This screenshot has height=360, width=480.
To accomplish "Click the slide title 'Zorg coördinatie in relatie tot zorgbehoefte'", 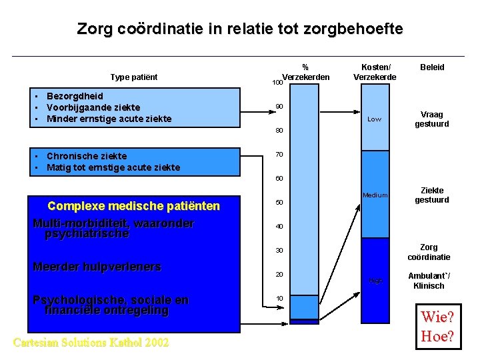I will point(239,29).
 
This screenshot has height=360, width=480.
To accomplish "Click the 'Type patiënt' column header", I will point(134,77).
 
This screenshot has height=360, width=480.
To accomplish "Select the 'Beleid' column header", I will point(432,67).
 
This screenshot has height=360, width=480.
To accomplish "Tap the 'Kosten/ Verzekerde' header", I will point(375,72).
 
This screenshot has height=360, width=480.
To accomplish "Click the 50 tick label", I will point(279,203).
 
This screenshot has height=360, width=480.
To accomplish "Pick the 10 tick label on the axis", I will point(279,298).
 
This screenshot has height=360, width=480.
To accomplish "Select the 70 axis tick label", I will point(279,155).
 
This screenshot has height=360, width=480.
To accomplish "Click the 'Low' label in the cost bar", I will point(375,119).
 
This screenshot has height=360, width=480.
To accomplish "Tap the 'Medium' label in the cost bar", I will point(375,195).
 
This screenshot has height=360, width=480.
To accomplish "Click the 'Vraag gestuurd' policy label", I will point(432,119).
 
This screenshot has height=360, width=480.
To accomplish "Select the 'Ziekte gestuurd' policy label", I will point(432,195).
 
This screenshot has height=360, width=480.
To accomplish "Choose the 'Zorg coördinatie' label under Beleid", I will point(429,252).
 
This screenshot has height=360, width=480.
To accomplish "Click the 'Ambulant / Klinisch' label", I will point(429,281).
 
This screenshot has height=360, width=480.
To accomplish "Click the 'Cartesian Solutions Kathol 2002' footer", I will point(91,343).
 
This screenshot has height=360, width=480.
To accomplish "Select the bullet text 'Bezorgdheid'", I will point(75,96).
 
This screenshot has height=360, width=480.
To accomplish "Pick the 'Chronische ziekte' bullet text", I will point(87,157).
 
